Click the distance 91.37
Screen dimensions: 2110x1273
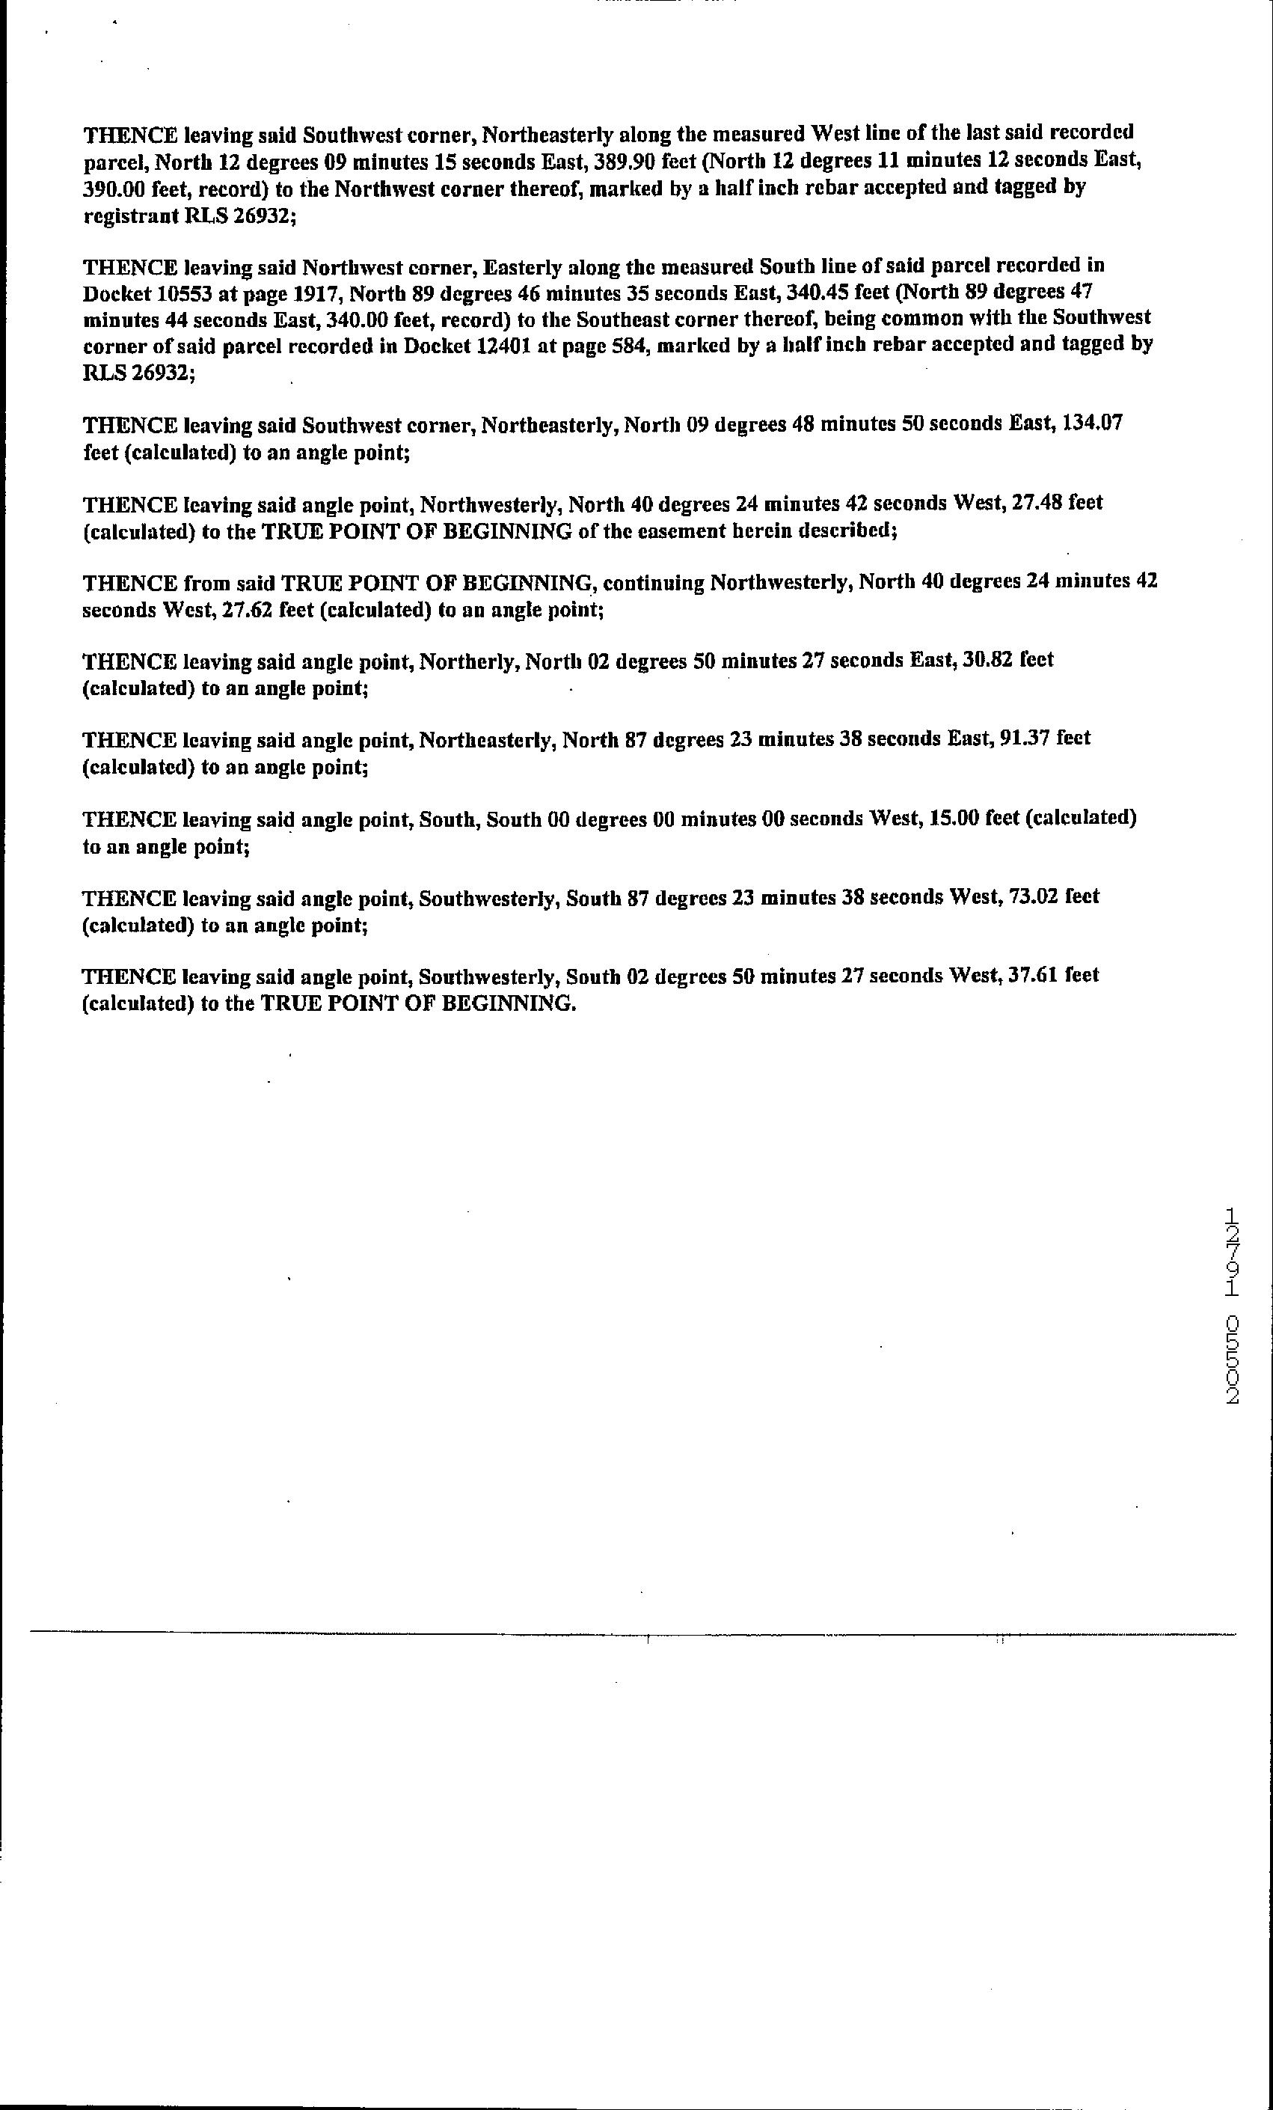pos(1025,738)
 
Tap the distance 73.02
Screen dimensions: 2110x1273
pos(1037,896)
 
